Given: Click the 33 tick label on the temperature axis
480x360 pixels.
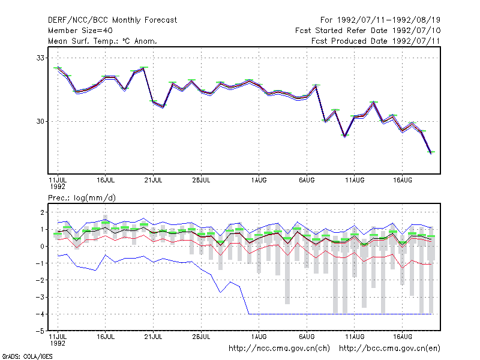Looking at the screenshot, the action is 40,58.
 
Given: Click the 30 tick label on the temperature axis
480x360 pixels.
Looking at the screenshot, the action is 40,122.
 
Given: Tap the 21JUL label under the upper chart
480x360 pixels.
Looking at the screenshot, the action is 153,181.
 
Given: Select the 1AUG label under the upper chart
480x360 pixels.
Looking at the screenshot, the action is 259,181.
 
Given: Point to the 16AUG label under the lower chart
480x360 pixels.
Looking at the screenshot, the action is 403,337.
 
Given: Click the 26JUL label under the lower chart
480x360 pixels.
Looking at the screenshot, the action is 201,337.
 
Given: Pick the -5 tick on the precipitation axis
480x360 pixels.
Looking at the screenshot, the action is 40,331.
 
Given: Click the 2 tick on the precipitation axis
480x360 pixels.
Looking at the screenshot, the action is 42,212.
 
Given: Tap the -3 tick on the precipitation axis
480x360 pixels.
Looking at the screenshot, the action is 40,297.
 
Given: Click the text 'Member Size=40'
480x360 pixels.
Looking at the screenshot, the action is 80,31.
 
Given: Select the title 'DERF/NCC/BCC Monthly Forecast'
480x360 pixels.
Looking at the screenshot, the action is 112,20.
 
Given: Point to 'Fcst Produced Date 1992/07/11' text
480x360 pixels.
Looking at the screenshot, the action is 376,41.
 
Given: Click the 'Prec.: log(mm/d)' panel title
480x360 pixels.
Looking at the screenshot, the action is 82,198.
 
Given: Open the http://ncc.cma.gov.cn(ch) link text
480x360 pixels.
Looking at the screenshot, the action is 279,349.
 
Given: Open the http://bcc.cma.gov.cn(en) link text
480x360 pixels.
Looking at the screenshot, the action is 389,349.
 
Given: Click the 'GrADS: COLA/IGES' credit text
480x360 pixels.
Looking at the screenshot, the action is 27,356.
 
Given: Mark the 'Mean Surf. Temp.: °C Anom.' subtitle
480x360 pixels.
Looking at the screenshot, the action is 103,41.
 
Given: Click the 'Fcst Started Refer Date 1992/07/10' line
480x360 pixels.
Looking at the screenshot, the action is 368,31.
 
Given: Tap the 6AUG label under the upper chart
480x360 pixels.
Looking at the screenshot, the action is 307,181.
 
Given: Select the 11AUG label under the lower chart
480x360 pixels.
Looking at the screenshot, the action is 355,337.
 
